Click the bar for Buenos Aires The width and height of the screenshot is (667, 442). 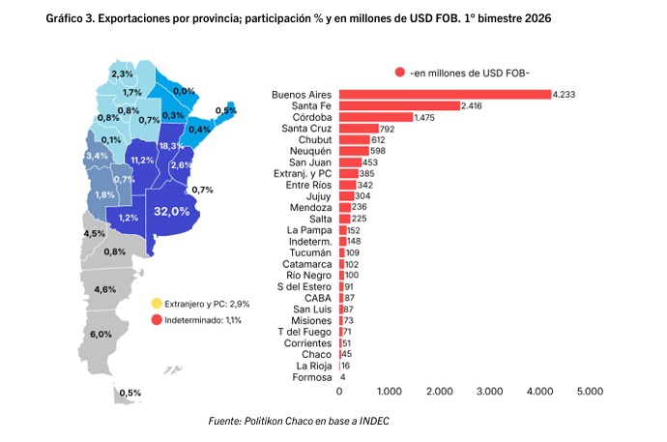point(444,94)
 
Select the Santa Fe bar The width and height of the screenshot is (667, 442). point(399,105)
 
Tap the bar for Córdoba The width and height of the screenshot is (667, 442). point(375,117)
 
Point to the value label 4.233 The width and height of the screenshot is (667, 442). point(565,94)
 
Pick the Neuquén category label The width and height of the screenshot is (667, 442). point(306,151)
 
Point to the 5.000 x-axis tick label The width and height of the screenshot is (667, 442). point(590,392)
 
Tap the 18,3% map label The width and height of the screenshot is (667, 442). point(169,145)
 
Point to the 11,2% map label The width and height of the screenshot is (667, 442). point(142,160)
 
